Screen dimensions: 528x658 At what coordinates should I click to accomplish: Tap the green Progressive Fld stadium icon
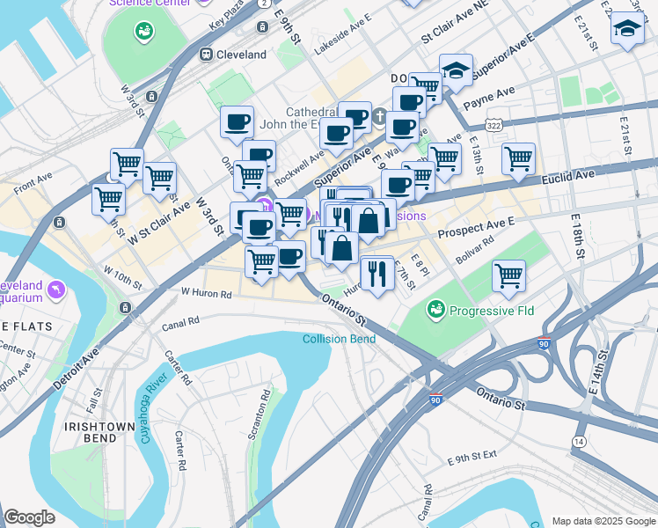434,310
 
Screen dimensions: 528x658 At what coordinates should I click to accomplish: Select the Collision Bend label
333,340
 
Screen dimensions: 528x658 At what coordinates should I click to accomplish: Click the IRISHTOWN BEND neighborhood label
98,433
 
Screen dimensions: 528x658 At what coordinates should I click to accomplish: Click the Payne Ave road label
494,92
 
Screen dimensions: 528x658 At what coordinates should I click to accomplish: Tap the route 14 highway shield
578,440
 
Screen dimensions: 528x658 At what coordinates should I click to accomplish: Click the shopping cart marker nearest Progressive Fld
508,275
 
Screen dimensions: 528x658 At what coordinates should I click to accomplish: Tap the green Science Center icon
143,33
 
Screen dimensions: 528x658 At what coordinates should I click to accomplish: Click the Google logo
31,517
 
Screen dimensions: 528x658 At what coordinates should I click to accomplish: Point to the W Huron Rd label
205,291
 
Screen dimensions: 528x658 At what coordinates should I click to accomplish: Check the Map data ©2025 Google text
602,521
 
